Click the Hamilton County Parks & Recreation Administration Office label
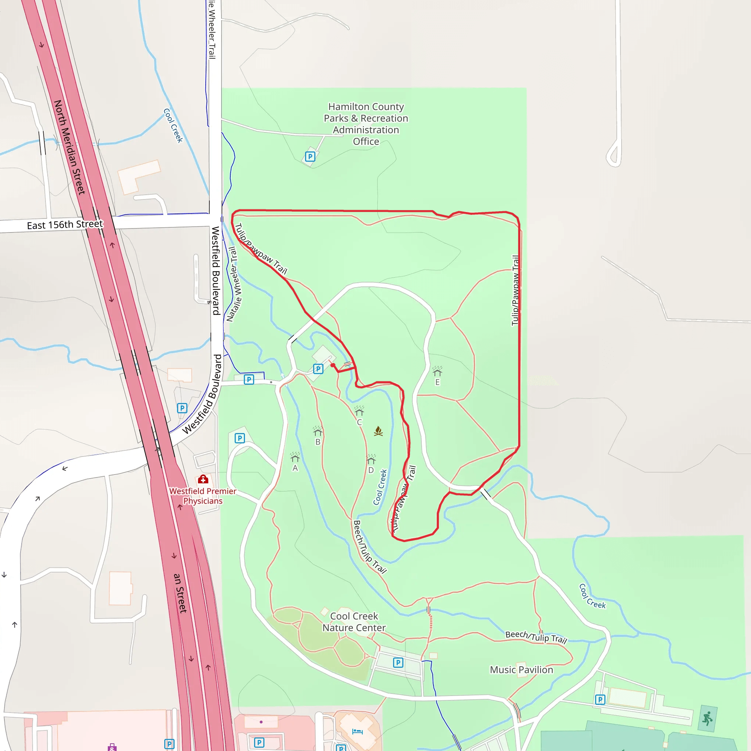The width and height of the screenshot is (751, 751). click(366, 124)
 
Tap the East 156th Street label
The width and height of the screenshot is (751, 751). click(65, 225)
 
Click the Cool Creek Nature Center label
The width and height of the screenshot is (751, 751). click(354, 622)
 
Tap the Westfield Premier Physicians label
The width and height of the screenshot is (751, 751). click(202, 496)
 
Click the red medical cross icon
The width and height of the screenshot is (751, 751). click(203, 479)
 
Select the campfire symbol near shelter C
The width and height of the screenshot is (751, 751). click(378, 431)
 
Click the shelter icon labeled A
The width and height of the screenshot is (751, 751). click(295, 457)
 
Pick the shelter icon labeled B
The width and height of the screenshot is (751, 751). click(318, 431)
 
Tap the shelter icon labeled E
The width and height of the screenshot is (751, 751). click(437, 371)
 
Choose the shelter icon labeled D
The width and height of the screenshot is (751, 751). click(371, 459)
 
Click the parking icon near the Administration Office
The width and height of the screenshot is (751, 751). click(310, 157)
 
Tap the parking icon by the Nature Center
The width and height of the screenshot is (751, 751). click(398, 662)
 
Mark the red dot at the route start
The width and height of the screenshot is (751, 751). click(333, 365)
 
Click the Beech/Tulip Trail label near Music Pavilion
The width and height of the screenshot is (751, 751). click(536, 637)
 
